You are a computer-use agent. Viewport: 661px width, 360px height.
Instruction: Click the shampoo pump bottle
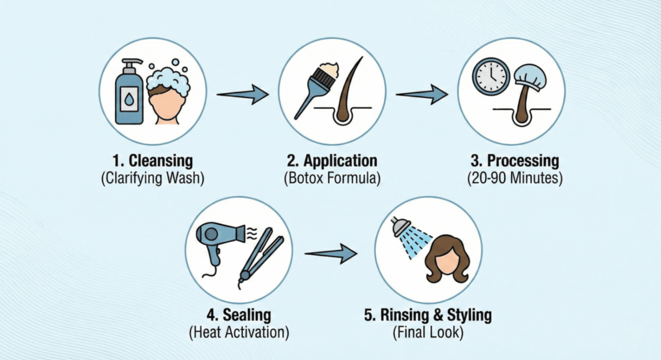pos(129,96)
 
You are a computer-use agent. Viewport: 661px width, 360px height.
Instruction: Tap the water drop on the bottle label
pos(129,100)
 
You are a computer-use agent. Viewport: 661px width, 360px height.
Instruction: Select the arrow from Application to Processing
pos(422,94)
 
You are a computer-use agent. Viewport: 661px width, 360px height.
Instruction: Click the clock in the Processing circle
pos(491,77)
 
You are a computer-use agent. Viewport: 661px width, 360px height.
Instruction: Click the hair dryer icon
pos(216,241)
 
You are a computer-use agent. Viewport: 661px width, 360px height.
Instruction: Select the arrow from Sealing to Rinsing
pos(331,253)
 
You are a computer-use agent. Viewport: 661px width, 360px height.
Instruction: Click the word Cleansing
pos(161,161)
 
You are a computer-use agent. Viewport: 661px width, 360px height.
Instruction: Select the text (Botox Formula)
pos(332,178)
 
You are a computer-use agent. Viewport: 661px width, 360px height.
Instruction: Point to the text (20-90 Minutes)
pos(515,178)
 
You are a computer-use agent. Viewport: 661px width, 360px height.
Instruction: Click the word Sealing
pos(247,315)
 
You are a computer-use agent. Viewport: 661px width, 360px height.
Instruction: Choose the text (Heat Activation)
pos(239,332)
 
